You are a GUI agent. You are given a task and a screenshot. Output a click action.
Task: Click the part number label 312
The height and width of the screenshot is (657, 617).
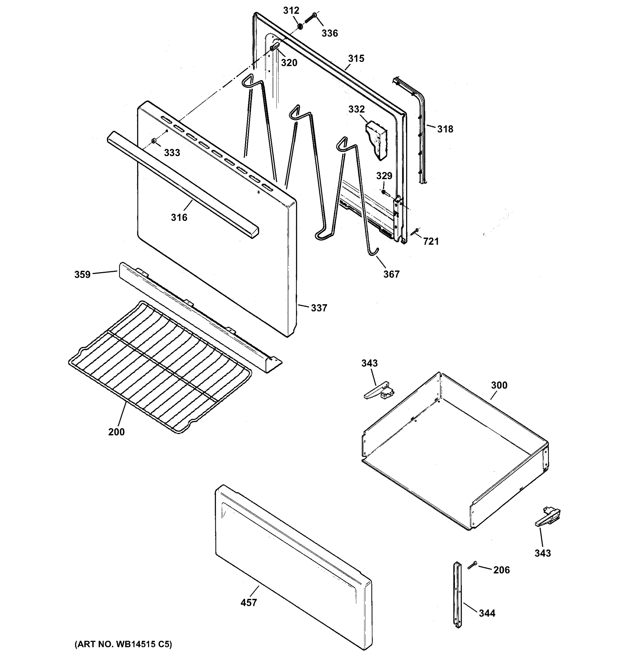point(291,11)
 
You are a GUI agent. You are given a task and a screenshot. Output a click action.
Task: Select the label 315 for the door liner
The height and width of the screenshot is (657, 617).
point(356,59)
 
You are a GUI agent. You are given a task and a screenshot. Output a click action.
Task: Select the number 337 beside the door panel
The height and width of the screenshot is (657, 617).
point(319,308)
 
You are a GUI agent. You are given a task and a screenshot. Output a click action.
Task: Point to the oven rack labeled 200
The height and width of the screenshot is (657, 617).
point(158,367)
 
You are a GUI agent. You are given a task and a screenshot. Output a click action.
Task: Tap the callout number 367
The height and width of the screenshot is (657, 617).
point(391,274)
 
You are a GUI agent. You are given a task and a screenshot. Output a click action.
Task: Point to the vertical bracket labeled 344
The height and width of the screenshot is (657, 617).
point(457,595)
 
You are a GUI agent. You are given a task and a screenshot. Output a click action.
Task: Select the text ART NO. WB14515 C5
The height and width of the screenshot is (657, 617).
point(123,644)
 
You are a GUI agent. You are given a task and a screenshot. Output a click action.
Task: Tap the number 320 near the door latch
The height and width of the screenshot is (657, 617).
point(289,63)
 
